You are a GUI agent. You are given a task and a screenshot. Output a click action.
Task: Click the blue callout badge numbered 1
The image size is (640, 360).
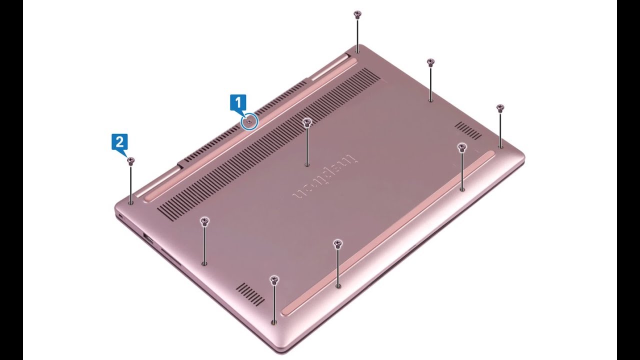237,103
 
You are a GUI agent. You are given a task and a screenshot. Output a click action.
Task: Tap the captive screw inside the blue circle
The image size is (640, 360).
249,121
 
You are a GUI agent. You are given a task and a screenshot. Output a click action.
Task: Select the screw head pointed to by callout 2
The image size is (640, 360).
131,161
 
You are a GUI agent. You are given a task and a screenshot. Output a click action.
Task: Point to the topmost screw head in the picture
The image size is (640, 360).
357,14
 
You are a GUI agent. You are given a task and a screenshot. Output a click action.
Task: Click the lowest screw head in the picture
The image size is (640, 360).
274,279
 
